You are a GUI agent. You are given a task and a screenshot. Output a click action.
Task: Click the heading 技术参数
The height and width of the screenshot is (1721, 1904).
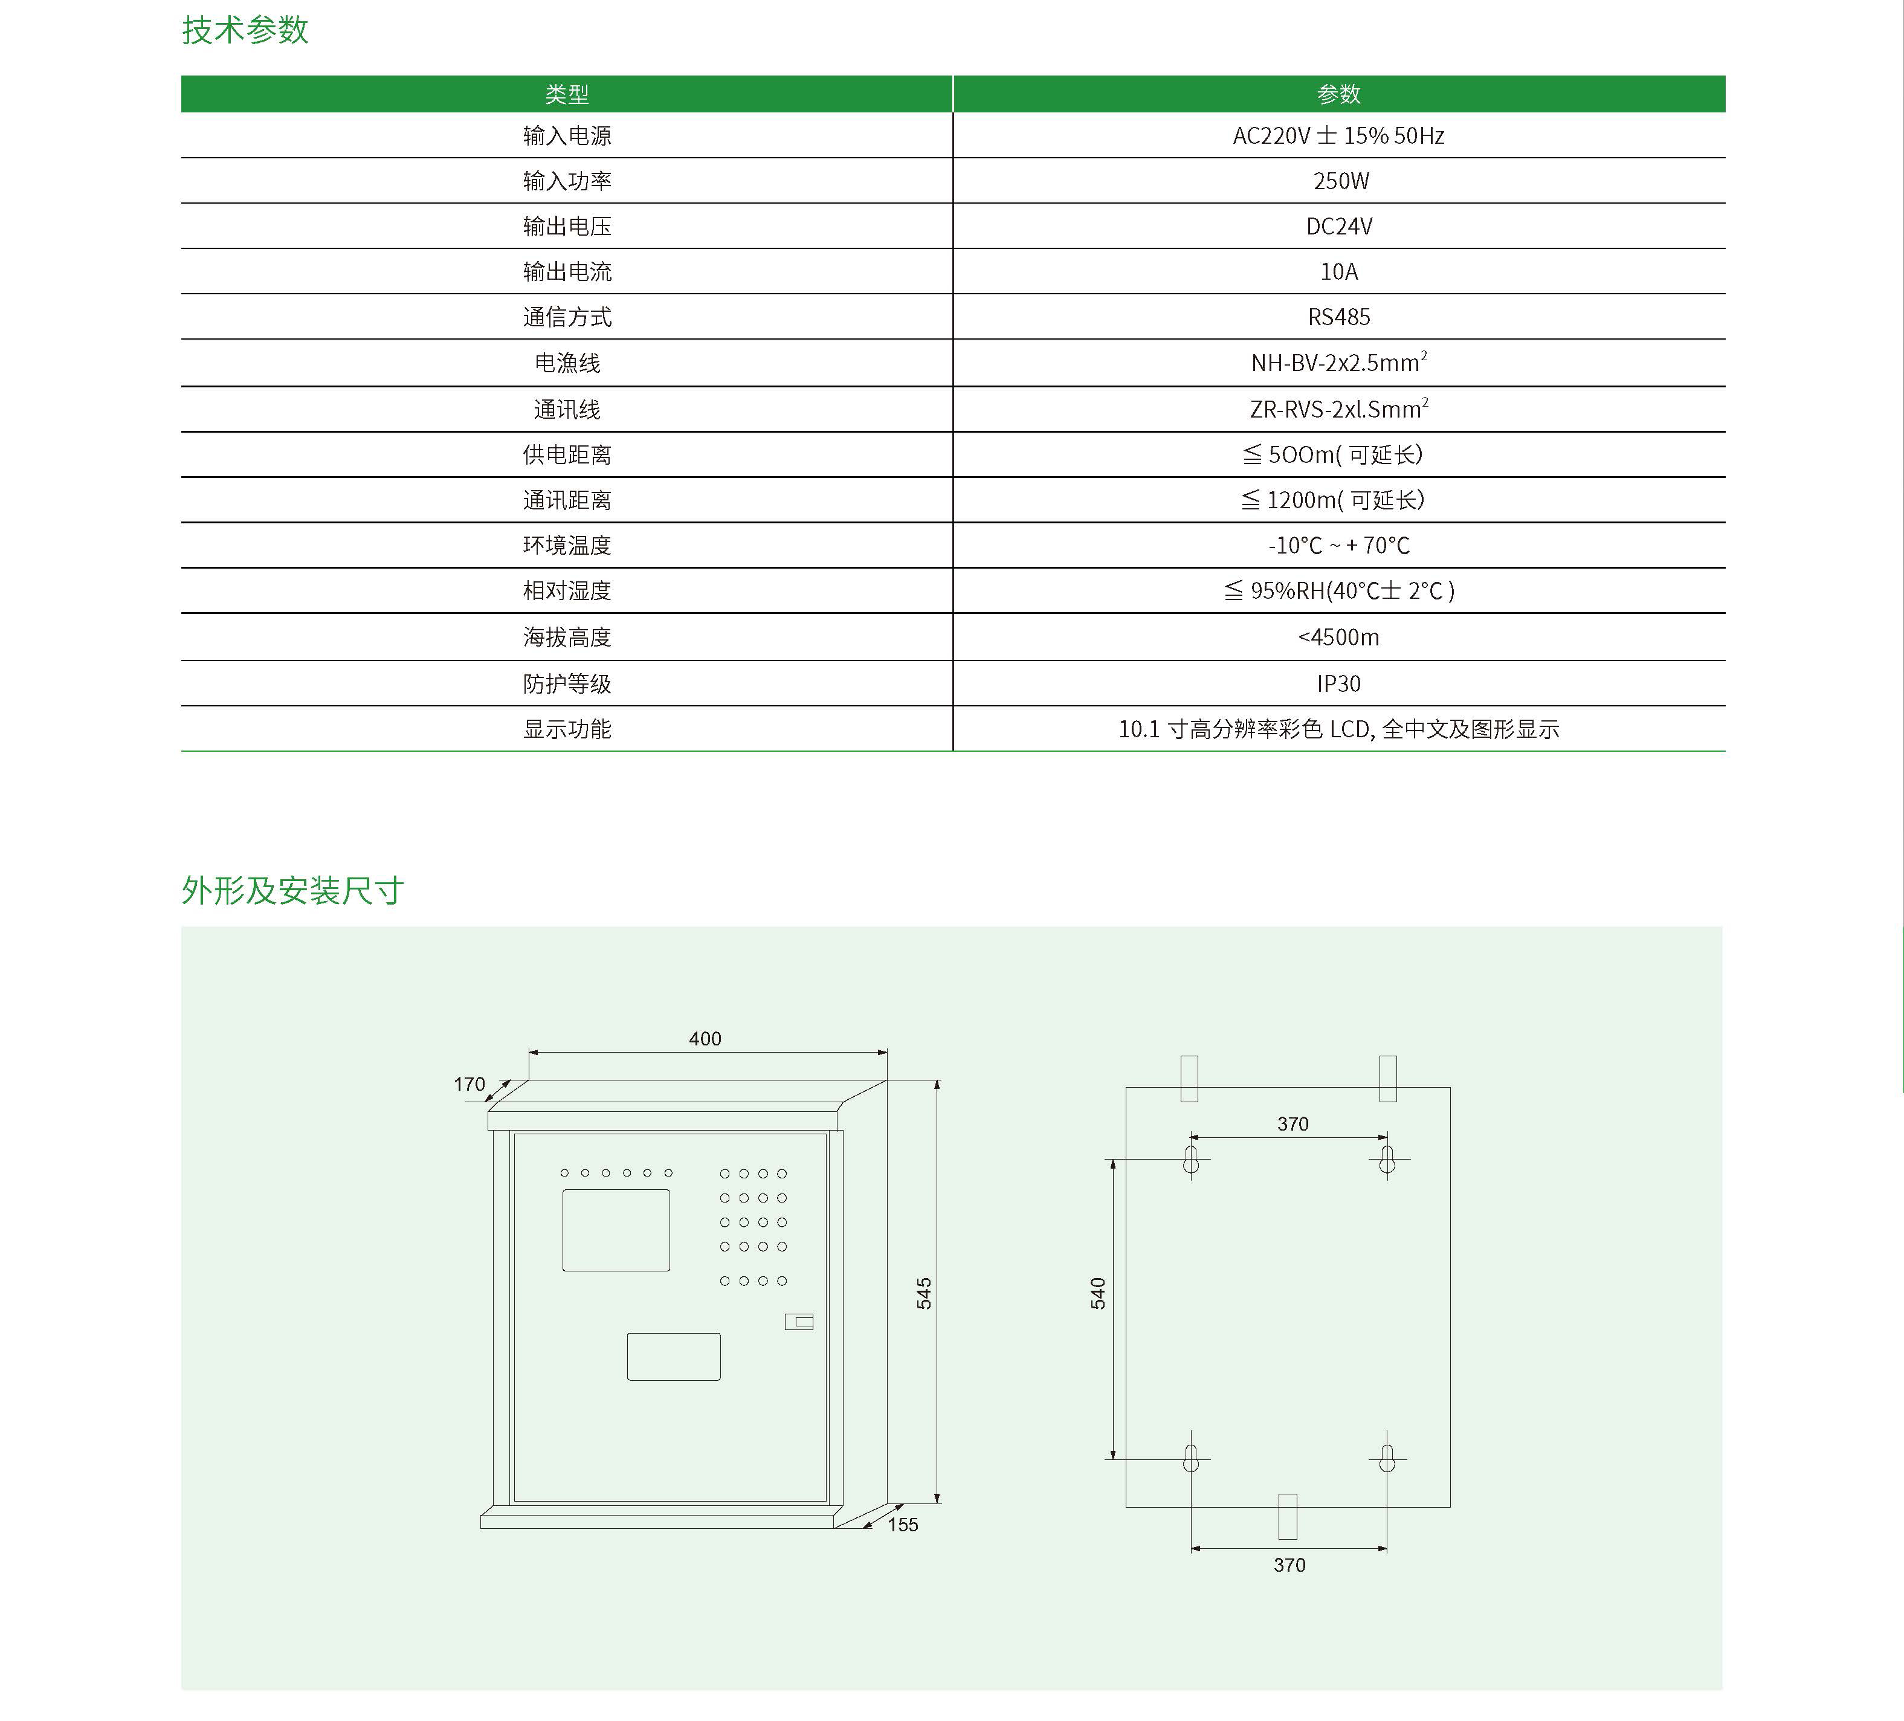(245, 30)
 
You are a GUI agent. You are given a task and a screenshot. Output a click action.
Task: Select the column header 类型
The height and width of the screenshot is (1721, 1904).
(567, 94)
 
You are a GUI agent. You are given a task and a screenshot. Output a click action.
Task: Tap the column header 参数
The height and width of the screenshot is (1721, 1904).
(1338, 94)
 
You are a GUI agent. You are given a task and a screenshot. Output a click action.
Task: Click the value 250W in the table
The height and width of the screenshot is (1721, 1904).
(1340, 181)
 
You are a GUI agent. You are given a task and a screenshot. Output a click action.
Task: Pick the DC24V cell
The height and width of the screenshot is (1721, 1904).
(1338, 227)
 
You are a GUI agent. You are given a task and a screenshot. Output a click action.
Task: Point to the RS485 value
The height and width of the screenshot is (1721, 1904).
(1338, 317)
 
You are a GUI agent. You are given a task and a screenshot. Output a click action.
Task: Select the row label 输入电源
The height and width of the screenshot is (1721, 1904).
(567, 136)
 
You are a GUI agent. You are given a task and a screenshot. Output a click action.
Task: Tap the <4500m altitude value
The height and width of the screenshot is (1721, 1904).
(1338, 638)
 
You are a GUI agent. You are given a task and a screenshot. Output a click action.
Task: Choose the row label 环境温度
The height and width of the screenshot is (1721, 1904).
(567, 546)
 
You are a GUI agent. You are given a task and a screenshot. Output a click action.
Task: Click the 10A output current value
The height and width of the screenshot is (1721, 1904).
(1338, 272)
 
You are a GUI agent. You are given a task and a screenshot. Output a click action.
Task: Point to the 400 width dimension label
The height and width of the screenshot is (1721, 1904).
(705, 1039)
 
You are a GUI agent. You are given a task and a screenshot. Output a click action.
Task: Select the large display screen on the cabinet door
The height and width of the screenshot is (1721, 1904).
(616, 1230)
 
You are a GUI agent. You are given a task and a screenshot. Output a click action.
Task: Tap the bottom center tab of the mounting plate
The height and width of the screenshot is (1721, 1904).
(1287, 1516)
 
